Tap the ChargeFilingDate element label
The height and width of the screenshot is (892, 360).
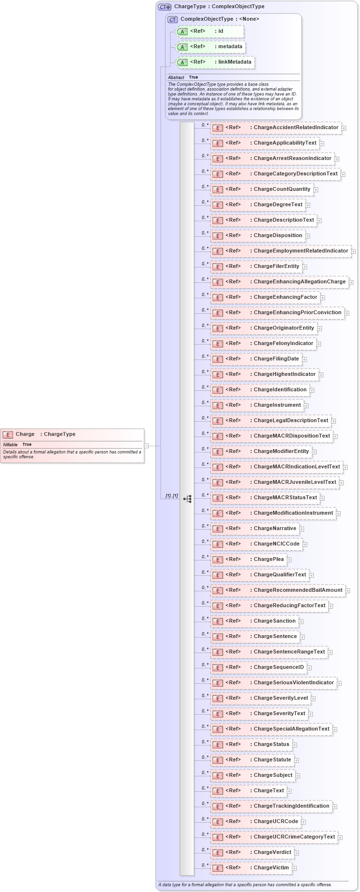point(276,359)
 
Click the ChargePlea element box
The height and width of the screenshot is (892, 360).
point(248,559)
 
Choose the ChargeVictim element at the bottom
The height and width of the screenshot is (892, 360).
point(251,868)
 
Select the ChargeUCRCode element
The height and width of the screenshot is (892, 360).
point(255,822)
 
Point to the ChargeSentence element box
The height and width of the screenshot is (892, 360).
point(255,637)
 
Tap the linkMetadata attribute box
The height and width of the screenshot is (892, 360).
point(215,62)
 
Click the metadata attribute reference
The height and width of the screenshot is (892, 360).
point(211,47)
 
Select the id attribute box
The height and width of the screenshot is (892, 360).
point(210,31)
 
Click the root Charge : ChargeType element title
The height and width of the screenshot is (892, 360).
point(45,434)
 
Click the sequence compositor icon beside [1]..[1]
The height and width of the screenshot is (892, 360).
point(187,499)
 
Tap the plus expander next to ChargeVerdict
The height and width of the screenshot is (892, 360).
point(296,853)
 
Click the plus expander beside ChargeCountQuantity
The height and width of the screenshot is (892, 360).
point(316,190)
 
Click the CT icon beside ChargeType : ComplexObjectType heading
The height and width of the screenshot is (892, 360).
point(165,7)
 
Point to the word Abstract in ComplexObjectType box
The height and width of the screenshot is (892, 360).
point(176,78)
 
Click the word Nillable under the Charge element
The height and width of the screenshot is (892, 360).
point(10,444)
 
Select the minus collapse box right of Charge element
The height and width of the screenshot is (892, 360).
point(147,446)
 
